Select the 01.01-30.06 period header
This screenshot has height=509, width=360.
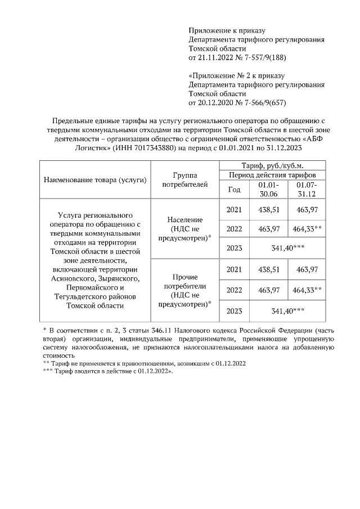click(268, 190)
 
